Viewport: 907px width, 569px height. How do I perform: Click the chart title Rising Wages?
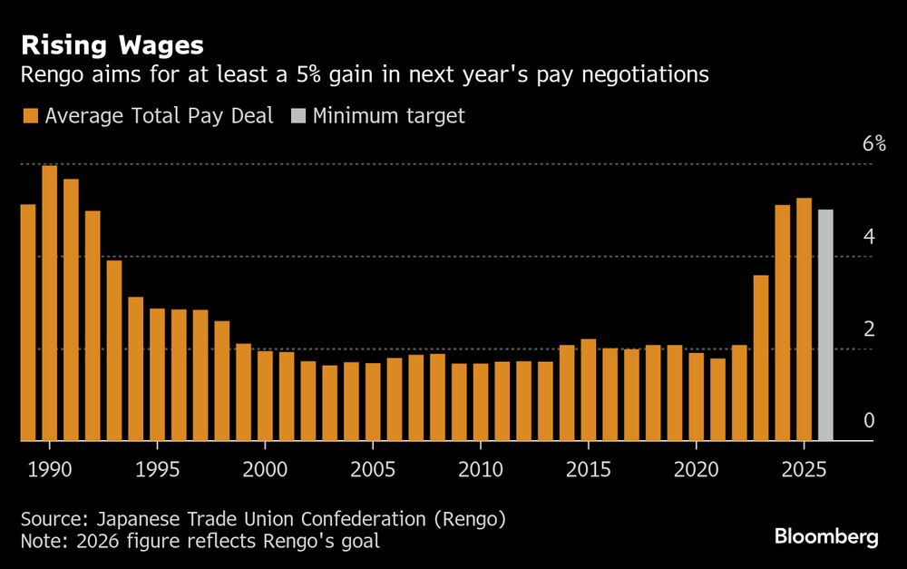[112, 44]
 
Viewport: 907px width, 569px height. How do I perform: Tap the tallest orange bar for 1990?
[49, 303]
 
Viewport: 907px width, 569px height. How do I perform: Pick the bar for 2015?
[588, 390]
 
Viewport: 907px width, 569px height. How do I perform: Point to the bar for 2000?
[265, 396]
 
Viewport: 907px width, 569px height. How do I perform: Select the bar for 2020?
[696, 397]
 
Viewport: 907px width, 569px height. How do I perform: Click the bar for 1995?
[157, 375]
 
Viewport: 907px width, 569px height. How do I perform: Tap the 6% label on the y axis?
[873, 144]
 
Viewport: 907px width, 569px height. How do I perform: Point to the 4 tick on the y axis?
[869, 237]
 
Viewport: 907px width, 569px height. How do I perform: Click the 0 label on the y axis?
[869, 420]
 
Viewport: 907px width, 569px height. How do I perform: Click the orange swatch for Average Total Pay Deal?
[30, 116]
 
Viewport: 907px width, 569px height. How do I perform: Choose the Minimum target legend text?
[388, 116]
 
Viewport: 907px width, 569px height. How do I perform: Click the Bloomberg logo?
[826, 536]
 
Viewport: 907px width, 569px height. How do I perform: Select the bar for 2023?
[760, 358]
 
